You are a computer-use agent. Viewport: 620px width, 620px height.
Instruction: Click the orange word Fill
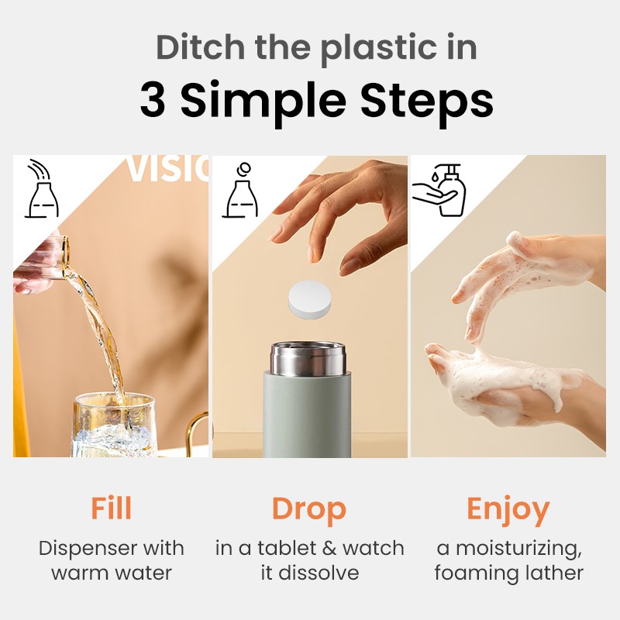(x=111, y=509)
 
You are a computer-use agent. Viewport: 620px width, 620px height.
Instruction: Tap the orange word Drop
(x=308, y=509)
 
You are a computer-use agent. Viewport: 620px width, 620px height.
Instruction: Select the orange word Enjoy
(x=508, y=509)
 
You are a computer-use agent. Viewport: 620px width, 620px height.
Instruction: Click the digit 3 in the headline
(x=153, y=101)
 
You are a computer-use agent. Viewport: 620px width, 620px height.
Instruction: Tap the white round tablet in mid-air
(x=309, y=299)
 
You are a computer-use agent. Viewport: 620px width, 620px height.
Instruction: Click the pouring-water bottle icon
(x=42, y=190)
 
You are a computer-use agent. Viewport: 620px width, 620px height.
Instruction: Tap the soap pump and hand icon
(x=438, y=190)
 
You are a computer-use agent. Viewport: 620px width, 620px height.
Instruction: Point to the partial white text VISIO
(x=167, y=170)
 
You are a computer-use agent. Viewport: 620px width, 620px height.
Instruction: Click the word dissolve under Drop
(x=321, y=573)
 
